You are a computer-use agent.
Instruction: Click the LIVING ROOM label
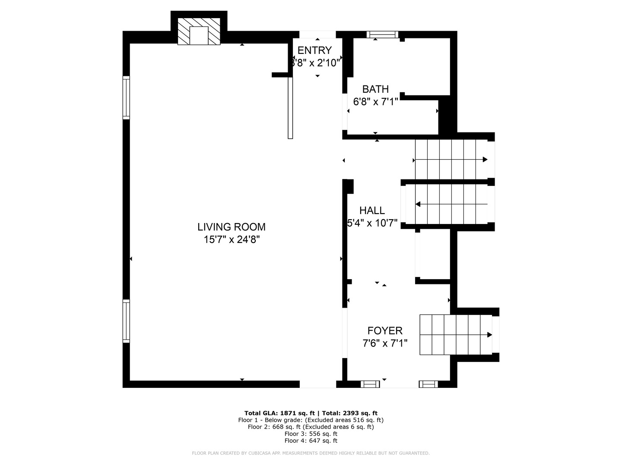(x=232, y=227)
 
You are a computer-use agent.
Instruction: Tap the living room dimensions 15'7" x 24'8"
(x=232, y=239)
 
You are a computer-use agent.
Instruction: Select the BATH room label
(x=375, y=89)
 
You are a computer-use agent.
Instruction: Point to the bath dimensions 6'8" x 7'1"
(x=375, y=102)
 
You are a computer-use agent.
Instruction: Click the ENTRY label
(x=314, y=50)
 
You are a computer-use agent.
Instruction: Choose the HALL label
(x=372, y=211)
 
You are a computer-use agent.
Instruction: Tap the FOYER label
(x=385, y=331)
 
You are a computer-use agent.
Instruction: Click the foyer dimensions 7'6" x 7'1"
(x=385, y=343)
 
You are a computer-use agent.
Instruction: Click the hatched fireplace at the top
(x=199, y=31)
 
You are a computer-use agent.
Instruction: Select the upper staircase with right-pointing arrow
(x=451, y=159)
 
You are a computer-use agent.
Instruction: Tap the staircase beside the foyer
(x=455, y=335)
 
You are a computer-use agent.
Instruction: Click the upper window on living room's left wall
(x=126, y=98)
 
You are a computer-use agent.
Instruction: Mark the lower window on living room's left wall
(x=126, y=321)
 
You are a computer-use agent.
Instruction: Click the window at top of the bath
(x=382, y=35)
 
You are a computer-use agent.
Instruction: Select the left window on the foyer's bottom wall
(x=370, y=384)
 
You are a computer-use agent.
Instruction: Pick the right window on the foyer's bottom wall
(x=428, y=384)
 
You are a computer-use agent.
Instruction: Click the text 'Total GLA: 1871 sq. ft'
(x=279, y=413)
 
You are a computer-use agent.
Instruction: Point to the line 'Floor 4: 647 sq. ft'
(x=311, y=441)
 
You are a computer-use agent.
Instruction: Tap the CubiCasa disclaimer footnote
(x=311, y=453)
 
